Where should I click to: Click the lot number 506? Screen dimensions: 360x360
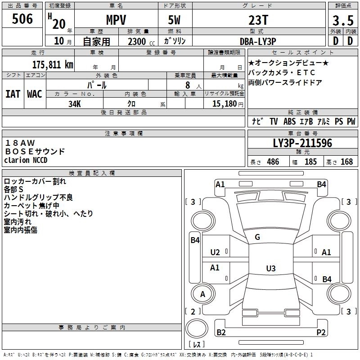click(x=22, y=18)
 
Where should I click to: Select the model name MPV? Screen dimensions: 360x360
click(x=116, y=20)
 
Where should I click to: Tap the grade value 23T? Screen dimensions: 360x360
click(x=258, y=20)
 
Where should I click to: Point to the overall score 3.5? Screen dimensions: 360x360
click(x=343, y=20)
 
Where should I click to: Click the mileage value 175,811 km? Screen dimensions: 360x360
click(x=53, y=65)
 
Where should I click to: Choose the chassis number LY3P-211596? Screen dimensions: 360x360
click(x=302, y=143)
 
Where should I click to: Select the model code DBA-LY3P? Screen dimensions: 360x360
click(x=258, y=41)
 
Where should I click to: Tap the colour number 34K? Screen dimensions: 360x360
click(x=75, y=104)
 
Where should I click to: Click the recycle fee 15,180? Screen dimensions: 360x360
click(x=224, y=103)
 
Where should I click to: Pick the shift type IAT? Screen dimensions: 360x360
click(x=13, y=94)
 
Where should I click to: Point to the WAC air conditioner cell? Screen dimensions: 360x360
click(x=35, y=94)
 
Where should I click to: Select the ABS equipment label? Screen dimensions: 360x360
click(x=289, y=121)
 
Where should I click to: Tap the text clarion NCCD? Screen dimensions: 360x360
click(x=26, y=160)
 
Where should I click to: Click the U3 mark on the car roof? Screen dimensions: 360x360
click(x=271, y=268)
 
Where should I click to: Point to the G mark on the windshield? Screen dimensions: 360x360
click(x=257, y=237)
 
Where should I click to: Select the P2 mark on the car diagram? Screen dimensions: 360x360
click(x=321, y=332)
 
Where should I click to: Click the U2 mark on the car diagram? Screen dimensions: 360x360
click(x=215, y=252)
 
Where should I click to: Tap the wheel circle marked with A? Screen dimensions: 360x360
click(x=203, y=294)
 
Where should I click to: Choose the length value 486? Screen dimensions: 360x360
click(x=273, y=162)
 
